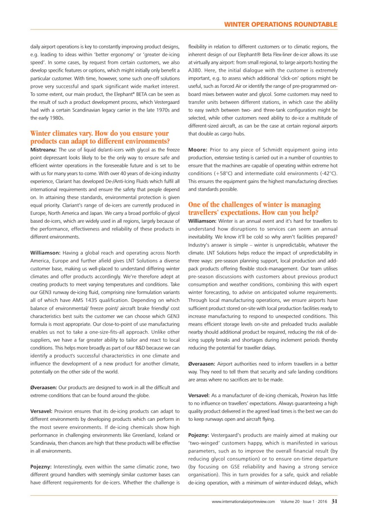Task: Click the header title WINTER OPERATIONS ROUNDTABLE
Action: (280, 25)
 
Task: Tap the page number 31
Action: (334, 502)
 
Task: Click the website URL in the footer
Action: (243, 502)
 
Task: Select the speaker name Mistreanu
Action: (44, 149)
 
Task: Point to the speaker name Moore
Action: (198, 149)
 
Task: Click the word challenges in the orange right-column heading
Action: (229, 205)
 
